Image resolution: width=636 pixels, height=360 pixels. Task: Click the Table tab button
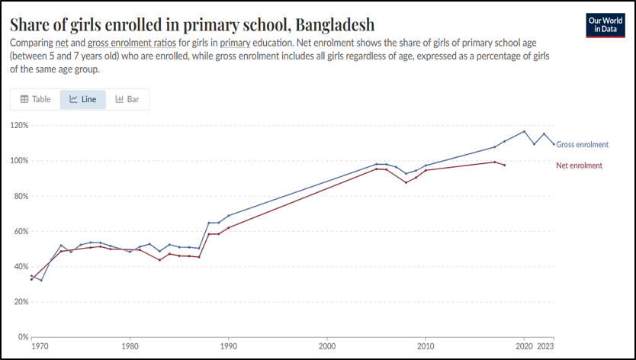click(x=35, y=99)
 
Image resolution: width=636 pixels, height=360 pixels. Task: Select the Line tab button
click(x=82, y=99)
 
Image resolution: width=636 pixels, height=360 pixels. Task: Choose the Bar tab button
click(x=127, y=99)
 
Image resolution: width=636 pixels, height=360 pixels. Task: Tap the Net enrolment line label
click(x=580, y=166)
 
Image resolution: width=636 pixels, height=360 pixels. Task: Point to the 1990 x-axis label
click(x=228, y=346)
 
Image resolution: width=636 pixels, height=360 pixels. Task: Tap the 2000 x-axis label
click(x=327, y=346)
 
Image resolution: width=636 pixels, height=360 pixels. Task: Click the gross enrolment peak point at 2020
click(x=524, y=131)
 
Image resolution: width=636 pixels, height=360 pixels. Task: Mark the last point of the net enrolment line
click(x=504, y=165)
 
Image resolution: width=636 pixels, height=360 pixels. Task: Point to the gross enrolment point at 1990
click(x=228, y=216)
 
